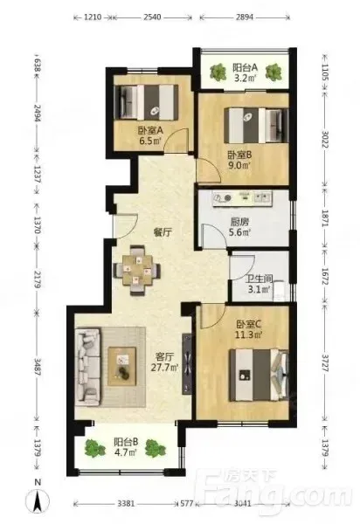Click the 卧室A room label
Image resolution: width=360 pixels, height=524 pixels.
(x=150, y=130)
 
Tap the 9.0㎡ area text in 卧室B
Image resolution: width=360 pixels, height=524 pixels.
(x=239, y=165)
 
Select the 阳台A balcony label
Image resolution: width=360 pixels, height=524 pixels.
(x=245, y=68)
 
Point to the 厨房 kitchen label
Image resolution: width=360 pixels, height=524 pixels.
(x=239, y=222)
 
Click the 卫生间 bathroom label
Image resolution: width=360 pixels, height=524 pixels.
(x=259, y=279)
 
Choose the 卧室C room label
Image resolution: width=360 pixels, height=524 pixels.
(x=249, y=324)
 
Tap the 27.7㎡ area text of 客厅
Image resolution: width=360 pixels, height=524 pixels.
(x=164, y=368)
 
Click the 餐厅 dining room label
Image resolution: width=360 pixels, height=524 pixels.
(x=163, y=232)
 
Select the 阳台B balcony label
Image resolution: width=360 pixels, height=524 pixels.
(x=126, y=442)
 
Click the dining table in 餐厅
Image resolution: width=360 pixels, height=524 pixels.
(x=136, y=270)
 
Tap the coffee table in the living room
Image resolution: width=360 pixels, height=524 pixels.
(x=122, y=366)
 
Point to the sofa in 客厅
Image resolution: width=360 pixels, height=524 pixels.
(x=87, y=367)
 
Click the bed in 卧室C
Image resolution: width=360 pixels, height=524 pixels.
(x=259, y=375)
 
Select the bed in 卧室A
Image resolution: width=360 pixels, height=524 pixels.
(x=146, y=102)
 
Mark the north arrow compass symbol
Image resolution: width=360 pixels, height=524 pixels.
(x=38, y=500)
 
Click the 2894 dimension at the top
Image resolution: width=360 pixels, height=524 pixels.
(x=245, y=17)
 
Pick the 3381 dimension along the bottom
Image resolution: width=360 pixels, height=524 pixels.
(x=126, y=503)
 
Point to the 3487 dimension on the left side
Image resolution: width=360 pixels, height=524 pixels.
(x=37, y=367)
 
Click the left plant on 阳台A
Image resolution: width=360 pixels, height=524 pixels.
(x=218, y=72)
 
